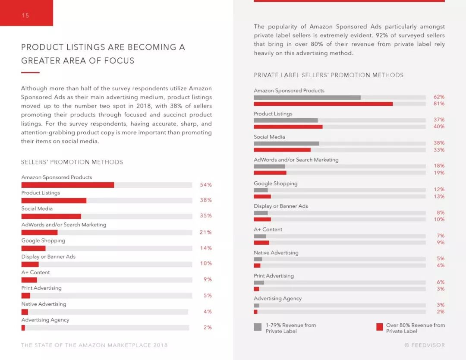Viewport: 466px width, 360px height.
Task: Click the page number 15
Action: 25,16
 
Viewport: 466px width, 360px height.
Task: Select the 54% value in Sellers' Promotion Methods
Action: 205,185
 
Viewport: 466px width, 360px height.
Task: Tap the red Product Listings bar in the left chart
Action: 54,201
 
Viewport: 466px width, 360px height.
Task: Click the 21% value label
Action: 205,232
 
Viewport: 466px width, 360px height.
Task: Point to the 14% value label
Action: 205,248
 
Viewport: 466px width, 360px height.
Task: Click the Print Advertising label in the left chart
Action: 41,288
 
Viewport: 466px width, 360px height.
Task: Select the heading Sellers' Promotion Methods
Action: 72,162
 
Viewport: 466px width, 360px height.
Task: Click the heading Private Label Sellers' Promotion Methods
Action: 328,75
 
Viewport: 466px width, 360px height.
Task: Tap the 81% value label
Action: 439,104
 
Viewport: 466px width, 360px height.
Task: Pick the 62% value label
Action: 439,97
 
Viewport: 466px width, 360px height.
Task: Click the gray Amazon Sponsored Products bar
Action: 307,98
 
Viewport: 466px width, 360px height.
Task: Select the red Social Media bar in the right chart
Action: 282,150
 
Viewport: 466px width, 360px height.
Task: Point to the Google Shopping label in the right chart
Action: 275,183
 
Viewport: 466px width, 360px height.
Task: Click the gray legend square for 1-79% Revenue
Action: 258,327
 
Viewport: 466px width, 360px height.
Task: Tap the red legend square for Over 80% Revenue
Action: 380,327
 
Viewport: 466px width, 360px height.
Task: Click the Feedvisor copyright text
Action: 424,345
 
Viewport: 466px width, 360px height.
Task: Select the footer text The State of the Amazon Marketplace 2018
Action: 94,345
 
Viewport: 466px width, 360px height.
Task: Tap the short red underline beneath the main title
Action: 30,73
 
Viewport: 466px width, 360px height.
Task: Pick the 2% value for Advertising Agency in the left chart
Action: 208,328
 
